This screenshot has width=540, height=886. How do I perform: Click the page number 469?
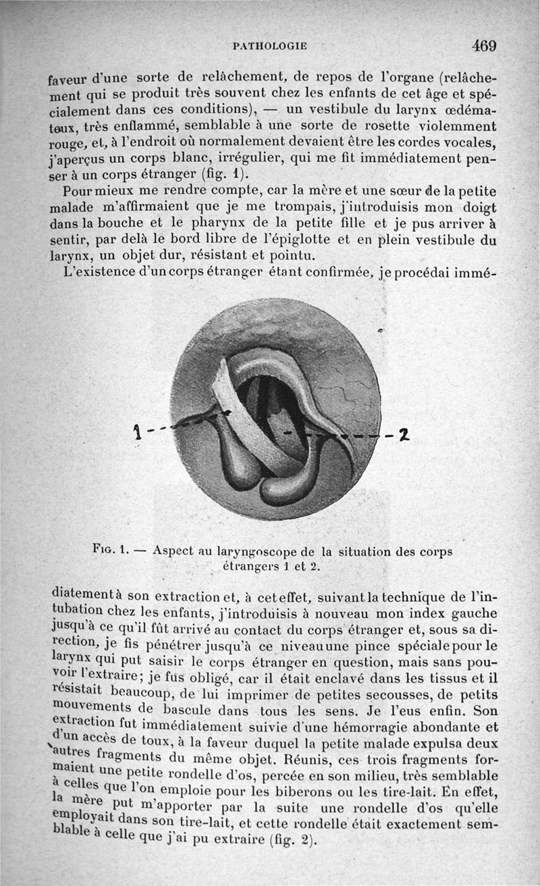[x=484, y=46]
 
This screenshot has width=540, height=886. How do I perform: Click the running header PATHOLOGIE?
[x=269, y=47]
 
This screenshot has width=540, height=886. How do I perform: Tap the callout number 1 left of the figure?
[x=137, y=429]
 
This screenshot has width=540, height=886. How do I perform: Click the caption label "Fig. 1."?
[x=111, y=550]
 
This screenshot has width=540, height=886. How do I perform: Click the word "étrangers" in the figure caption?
[x=250, y=567]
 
